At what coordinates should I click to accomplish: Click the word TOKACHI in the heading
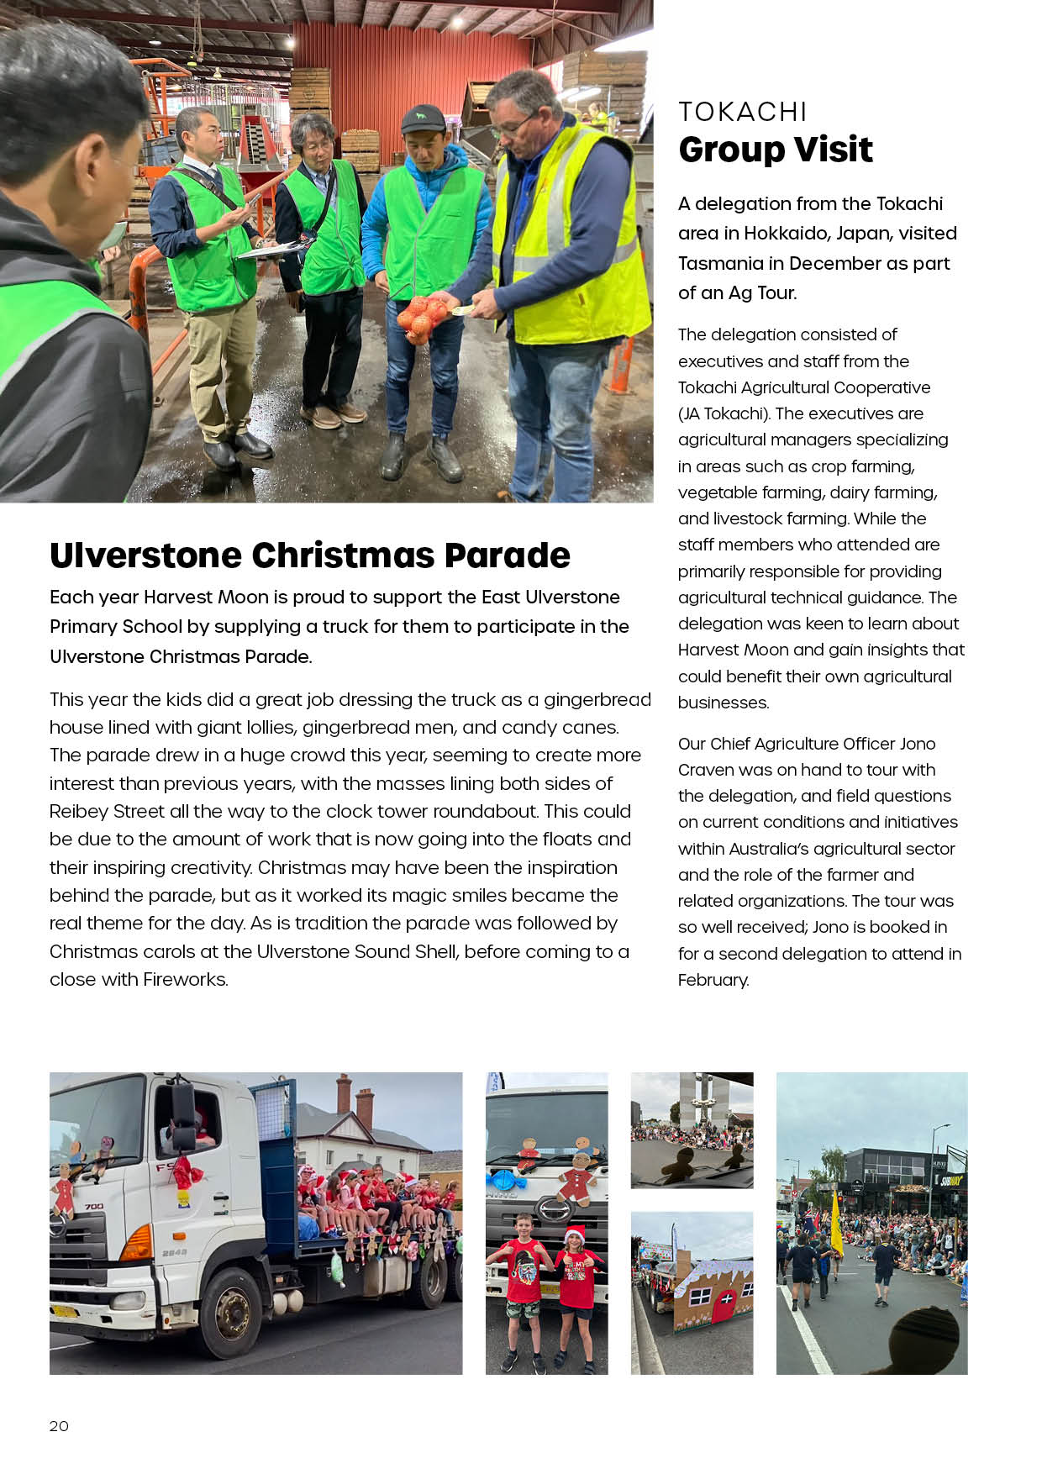click(x=742, y=112)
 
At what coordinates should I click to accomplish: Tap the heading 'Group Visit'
click(x=775, y=150)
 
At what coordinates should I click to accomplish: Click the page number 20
click(x=59, y=1425)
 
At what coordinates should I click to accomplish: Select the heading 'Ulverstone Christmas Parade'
click(x=309, y=555)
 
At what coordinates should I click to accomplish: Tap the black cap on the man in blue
click(x=423, y=118)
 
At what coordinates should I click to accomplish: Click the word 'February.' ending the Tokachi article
click(x=713, y=980)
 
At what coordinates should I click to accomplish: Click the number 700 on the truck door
click(x=94, y=1207)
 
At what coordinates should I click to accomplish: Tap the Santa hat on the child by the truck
click(x=575, y=1234)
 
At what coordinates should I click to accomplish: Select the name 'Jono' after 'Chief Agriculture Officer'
click(x=917, y=744)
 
